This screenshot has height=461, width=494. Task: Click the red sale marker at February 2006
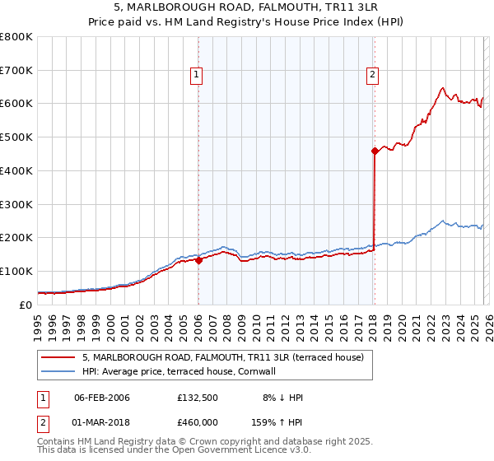pyautogui.click(x=198, y=259)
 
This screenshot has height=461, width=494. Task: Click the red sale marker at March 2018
pyautogui.click(x=375, y=150)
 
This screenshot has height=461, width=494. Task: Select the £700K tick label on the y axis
pyautogui.click(x=16, y=70)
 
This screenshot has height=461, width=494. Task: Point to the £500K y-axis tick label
pyautogui.click(x=16, y=137)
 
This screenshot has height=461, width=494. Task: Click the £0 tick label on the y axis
pyautogui.click(x=26, y=305)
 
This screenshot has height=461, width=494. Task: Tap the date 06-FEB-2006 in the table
pyautogui.click(x=101, y=398)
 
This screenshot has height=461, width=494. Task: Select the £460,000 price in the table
pyautogui.click(x=197, y=421)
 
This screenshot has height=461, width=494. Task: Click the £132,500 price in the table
pyautogui.click(x=197, y=398)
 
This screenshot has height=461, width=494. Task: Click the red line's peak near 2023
pyautogui.click(x=443, y=87)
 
